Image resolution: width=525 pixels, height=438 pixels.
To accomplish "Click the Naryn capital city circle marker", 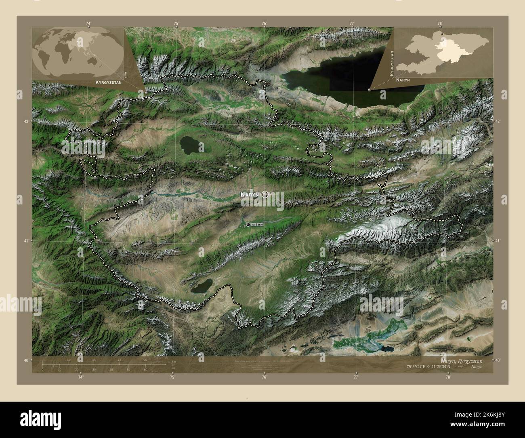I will (x=265, y=194).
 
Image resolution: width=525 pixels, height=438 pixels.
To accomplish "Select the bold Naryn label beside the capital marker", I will (x=250, y=195).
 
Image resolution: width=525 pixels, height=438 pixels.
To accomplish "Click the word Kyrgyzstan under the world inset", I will (x=108, y=82).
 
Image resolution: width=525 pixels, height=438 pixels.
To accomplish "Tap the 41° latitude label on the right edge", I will (x=498, y=241).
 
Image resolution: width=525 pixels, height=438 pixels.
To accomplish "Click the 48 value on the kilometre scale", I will (x=94, y=360).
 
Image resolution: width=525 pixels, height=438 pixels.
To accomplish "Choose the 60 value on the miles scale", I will (x=145, y=370).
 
